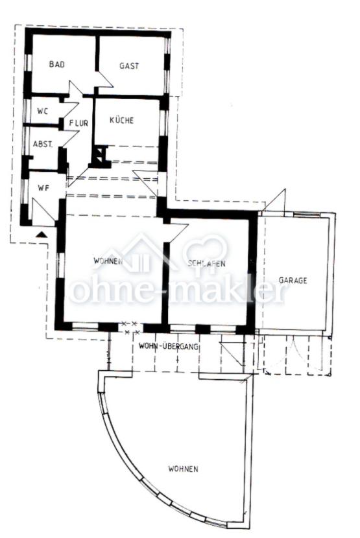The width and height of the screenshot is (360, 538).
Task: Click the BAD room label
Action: [56, 65]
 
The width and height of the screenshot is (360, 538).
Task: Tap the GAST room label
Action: [129, 65]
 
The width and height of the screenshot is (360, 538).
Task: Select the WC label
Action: [43, 111]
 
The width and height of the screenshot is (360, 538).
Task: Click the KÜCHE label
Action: [121, 121]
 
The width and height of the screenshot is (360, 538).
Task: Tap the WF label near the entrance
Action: [43, 189]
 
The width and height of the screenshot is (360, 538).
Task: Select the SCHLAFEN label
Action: [206, 263]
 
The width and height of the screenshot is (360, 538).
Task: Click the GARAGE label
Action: [293, 281]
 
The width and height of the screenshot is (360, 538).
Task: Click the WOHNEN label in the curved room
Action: [183, 469]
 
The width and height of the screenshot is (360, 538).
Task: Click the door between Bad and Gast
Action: [104, 80]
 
